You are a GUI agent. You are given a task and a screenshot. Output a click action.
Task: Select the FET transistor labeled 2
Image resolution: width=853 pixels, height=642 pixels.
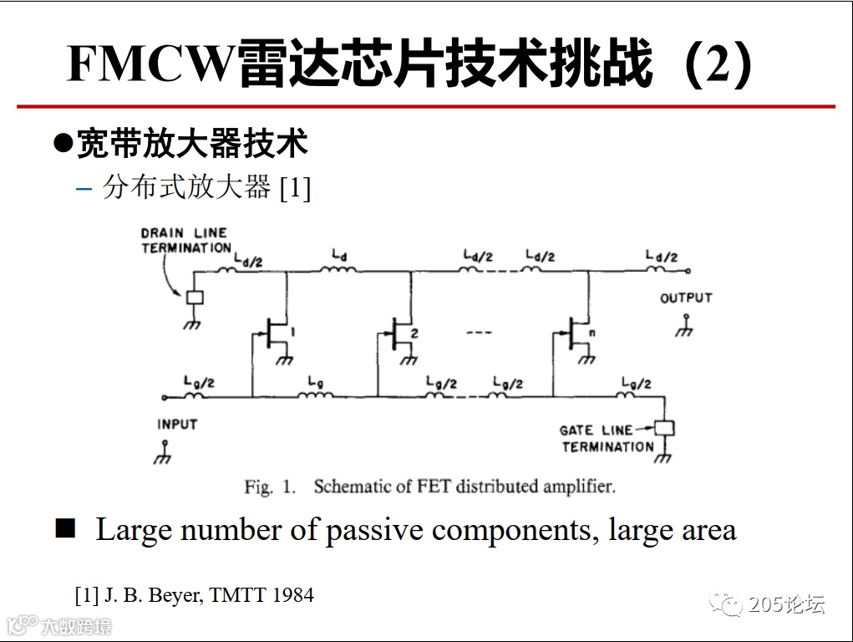[x=401, y=334]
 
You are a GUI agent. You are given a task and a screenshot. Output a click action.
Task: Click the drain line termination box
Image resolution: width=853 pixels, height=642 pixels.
[x=194, y=297]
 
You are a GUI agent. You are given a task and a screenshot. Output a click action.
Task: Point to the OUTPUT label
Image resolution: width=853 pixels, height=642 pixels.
[x=686, y=298]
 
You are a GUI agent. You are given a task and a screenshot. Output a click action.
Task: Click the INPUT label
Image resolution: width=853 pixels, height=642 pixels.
[x=177, y=425]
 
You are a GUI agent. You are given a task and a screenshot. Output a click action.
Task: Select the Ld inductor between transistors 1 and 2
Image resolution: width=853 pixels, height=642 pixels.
[x=338, y=269]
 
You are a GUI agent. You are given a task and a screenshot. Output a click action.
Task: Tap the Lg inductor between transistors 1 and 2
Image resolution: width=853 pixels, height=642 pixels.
[x=316, y=395]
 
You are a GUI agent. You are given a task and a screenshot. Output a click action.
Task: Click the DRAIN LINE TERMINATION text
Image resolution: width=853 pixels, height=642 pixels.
[x=185, y=241]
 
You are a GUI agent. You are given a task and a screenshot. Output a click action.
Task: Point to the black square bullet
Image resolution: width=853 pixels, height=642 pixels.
[x=65, y=528]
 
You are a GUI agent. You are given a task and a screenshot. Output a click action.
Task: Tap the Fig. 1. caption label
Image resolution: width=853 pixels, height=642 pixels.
[x=269, y=487]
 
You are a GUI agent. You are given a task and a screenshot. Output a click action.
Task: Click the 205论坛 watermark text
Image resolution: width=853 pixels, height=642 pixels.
[x=786, y=604]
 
